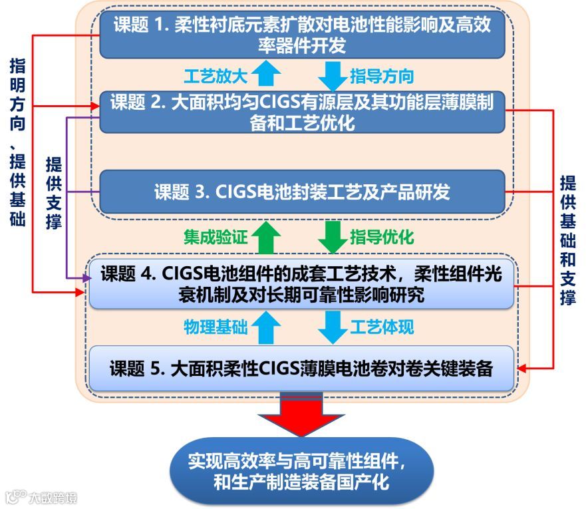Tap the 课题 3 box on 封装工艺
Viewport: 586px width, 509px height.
[x=303, y=192]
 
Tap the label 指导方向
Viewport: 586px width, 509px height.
[x=382, y=75]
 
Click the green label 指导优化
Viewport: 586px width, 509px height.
[x=382, y=236]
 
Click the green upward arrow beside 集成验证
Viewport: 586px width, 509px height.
[x=266, y=236]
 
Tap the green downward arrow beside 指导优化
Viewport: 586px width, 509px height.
[x=332, y=236]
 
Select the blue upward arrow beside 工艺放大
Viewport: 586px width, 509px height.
[x=266, y=74]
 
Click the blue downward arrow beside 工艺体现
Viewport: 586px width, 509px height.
[x=332, y=327]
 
